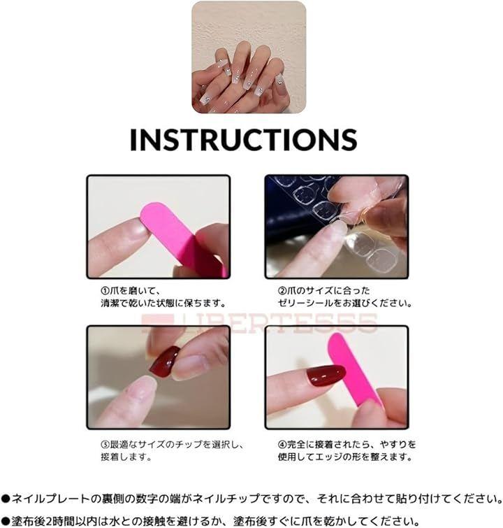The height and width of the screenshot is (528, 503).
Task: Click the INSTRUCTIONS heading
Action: tap(243, 139)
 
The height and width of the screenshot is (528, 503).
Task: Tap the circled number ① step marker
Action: tap(105, 290)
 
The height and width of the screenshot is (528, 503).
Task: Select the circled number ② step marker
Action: tap(282, 290)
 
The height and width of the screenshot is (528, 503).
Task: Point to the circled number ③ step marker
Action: tap(105, 445)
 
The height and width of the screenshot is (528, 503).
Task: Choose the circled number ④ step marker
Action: tap(282, 445)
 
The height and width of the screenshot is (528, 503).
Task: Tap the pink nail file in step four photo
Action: tap(353, 371)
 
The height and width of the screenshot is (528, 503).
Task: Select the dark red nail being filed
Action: tap(326, 376)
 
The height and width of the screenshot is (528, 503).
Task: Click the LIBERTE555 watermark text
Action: tap(259, 323)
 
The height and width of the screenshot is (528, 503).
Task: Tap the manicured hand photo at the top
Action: tap(249, 57)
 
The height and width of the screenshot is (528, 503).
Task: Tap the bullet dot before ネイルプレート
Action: tap(5, 499)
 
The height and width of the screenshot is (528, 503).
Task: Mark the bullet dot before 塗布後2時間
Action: tap(5, 521)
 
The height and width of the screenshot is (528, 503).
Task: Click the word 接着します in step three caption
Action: tap(126, 457)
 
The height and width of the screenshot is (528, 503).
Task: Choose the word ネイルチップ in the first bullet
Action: tap(228, 498)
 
